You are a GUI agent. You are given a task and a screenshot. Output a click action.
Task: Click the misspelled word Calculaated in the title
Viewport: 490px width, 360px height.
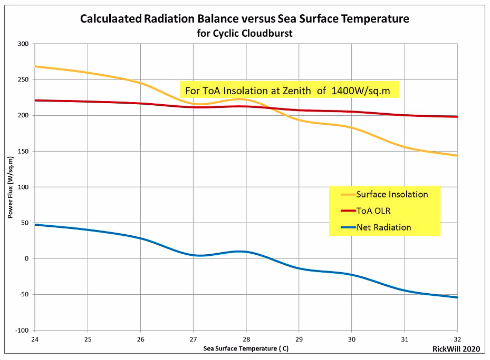[x=111, y=19]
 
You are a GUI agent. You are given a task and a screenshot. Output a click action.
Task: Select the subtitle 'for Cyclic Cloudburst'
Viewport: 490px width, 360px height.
[x=245, y=33]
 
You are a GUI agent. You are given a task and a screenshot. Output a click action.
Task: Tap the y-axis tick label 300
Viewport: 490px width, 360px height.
[x=23, y=44]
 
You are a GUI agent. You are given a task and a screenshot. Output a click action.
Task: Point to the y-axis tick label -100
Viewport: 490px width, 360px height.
[x=22, y=331]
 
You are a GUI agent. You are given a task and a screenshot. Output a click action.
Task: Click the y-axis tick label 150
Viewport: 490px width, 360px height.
[x=23, y=151]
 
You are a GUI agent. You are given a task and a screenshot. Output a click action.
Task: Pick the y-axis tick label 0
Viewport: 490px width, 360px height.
[x=26, y=258]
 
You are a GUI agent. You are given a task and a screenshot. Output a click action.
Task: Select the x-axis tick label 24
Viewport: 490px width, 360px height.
[x=35, y=339]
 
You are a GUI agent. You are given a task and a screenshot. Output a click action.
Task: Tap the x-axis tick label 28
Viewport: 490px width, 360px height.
[x=246, y=339]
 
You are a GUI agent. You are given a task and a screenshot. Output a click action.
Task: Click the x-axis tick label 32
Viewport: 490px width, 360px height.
[x=457, y=339]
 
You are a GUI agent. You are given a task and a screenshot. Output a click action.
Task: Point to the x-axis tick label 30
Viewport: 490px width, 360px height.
[x=352, y=339]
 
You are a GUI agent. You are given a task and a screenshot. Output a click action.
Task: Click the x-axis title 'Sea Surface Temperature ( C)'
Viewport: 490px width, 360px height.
[x=246, y=348]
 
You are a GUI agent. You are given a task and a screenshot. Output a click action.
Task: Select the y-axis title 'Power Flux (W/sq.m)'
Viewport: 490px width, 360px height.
[x=11, y=187]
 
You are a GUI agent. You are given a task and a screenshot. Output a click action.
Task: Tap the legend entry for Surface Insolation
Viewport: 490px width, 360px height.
[x=385, y=194]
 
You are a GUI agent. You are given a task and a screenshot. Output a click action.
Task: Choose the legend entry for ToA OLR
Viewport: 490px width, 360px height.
[x=366, y=211]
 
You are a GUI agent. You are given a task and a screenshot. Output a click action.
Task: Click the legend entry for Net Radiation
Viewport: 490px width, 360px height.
[x=376, y=227]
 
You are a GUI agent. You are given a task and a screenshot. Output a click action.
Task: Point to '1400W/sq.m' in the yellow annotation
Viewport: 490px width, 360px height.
[x=361, y=91]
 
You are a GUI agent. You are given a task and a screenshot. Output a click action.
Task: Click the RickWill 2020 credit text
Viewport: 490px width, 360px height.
[x=456, y=349]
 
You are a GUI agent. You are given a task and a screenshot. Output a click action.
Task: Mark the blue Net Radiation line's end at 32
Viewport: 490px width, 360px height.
[x=457, y=297]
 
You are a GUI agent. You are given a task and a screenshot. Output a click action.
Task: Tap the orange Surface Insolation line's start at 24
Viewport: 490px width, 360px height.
[x=35, y=66]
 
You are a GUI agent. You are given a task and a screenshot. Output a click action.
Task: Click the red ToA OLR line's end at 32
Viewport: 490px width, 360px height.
[x=457, y=117]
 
